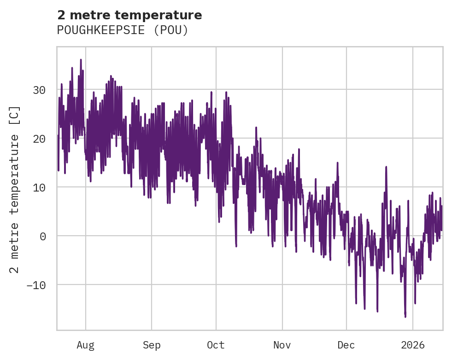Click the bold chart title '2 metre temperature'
tap(129, 15)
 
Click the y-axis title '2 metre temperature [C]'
tap(15, 190)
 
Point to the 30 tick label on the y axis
tap(39, 90)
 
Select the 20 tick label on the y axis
tap(39, 139)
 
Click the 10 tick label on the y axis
tap(39, 187)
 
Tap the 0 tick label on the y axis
tap(43, 236)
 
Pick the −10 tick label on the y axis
tap(36, 285)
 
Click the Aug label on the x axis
tap(85, 344)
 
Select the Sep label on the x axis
tap(151, 344)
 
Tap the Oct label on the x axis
tap(216, 344)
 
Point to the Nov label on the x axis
tap(282, 344)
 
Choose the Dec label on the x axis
tap(346, 344)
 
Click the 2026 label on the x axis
tap(412, 344)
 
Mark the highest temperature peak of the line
tap(81, 60)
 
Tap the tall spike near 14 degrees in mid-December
tap(386, 167)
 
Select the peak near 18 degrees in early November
tap(299, 149)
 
